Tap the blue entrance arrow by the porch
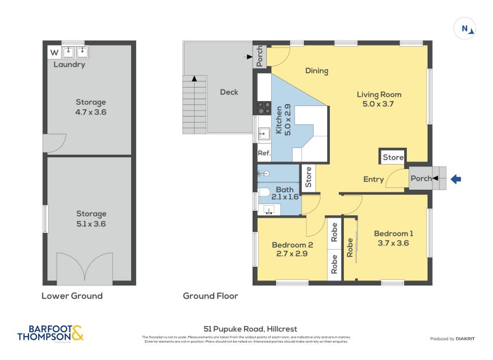point(455,179)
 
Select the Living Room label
point(379,94)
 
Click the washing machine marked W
point(54,52)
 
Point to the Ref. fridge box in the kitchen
point(264,153)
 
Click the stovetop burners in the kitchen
point(264,108)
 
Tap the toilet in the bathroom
point(264,192)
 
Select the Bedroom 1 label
point(393,234)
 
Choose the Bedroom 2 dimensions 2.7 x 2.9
point(292,253)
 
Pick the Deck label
point(229,92)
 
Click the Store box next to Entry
point(393,158)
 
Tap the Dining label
point(317,71)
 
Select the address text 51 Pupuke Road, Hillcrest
point(250,329)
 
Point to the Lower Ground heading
point(71,296)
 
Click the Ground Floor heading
point(210,296)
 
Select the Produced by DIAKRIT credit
point(455,339)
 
